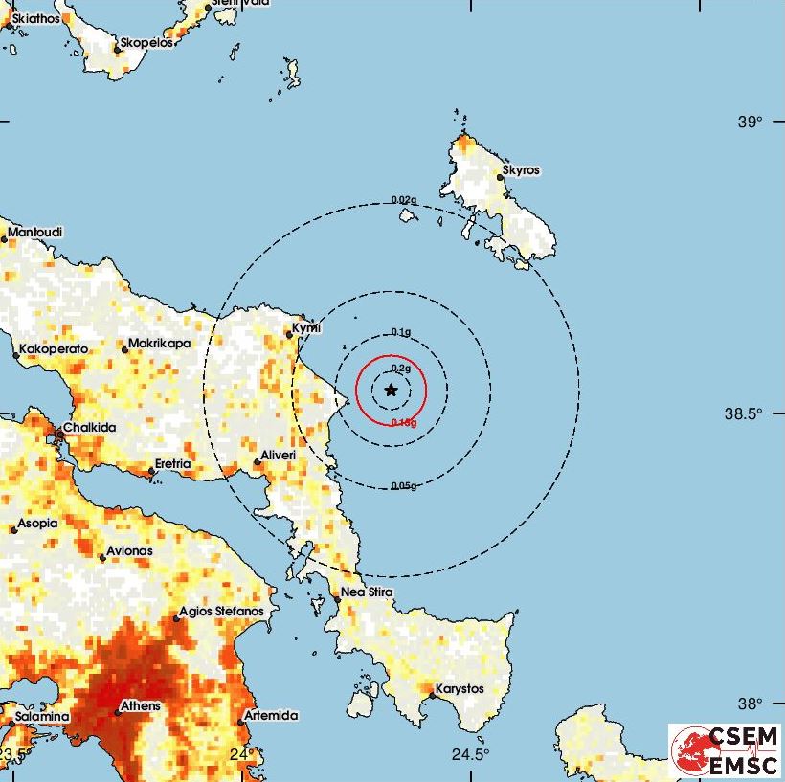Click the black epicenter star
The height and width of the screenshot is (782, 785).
coord(391,390)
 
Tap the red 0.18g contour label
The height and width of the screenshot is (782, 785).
coord(403,421)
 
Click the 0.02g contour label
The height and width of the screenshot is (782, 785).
coord(404,200)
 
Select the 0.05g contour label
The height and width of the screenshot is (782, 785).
coord(404,486)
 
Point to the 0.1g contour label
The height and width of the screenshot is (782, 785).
coord(402,332)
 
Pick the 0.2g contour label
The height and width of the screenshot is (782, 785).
coord(402,369)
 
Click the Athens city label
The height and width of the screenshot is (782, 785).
coord(139,706)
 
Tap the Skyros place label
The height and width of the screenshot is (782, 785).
coord(521,170)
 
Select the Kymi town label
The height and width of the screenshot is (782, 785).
coord(305,327)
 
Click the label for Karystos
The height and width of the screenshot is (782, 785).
coord(460,689)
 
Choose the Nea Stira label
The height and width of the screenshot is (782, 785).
coord(368,593)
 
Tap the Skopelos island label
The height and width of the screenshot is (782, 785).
coord(145,44)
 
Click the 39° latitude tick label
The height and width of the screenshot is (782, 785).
coord(750,123)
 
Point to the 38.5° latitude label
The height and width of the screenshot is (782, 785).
coord(744,414)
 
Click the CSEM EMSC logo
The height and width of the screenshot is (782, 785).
coord(725,749)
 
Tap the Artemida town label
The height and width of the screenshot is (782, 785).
coord(272,715)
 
